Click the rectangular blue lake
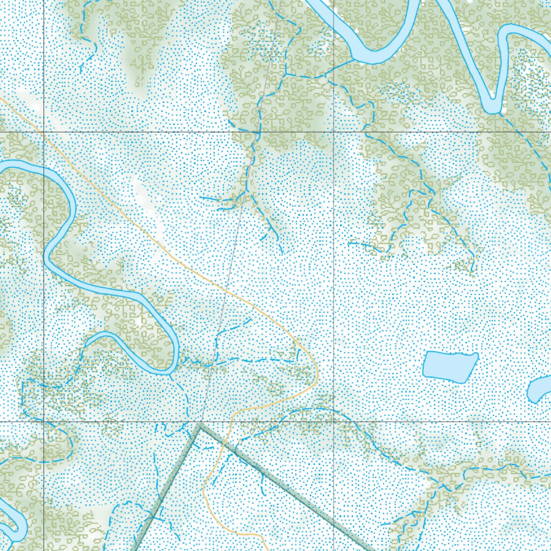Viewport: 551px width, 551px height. (x=450, y=366)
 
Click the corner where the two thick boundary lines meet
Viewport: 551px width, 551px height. (x=199, y=425)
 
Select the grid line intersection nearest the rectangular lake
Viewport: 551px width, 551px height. (x=334, y=421)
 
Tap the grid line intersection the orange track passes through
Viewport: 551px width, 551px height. (x=44, y=132)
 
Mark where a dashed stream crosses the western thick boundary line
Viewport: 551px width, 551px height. (x=154, y=515)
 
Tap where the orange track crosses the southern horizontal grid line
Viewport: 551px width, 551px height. (x=232, y=421)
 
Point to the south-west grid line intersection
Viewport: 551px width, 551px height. (x=44, y=421)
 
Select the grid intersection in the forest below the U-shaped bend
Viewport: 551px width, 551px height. (x=334, y=132)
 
